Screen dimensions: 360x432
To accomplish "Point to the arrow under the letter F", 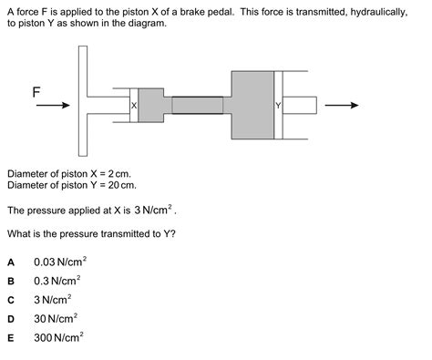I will tap(53, 106).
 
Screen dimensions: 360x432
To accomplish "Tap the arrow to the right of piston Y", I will tap(342, 105).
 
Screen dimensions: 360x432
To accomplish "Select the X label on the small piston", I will tap(134, 107).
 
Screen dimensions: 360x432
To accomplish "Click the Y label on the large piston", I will tap(278, 107).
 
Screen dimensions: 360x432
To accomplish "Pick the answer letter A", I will tap(11, 262).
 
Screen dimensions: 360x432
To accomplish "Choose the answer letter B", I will tap(11, 281).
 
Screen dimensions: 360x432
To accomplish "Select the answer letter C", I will tap(11, 300).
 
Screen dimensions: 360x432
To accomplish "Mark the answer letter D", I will tap(11, 319).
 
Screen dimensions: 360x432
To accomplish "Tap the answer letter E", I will tap(11, 338).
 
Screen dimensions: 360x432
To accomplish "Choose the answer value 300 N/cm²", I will tap(57, 338).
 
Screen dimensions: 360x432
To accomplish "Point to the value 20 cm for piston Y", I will tap(119, 184).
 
